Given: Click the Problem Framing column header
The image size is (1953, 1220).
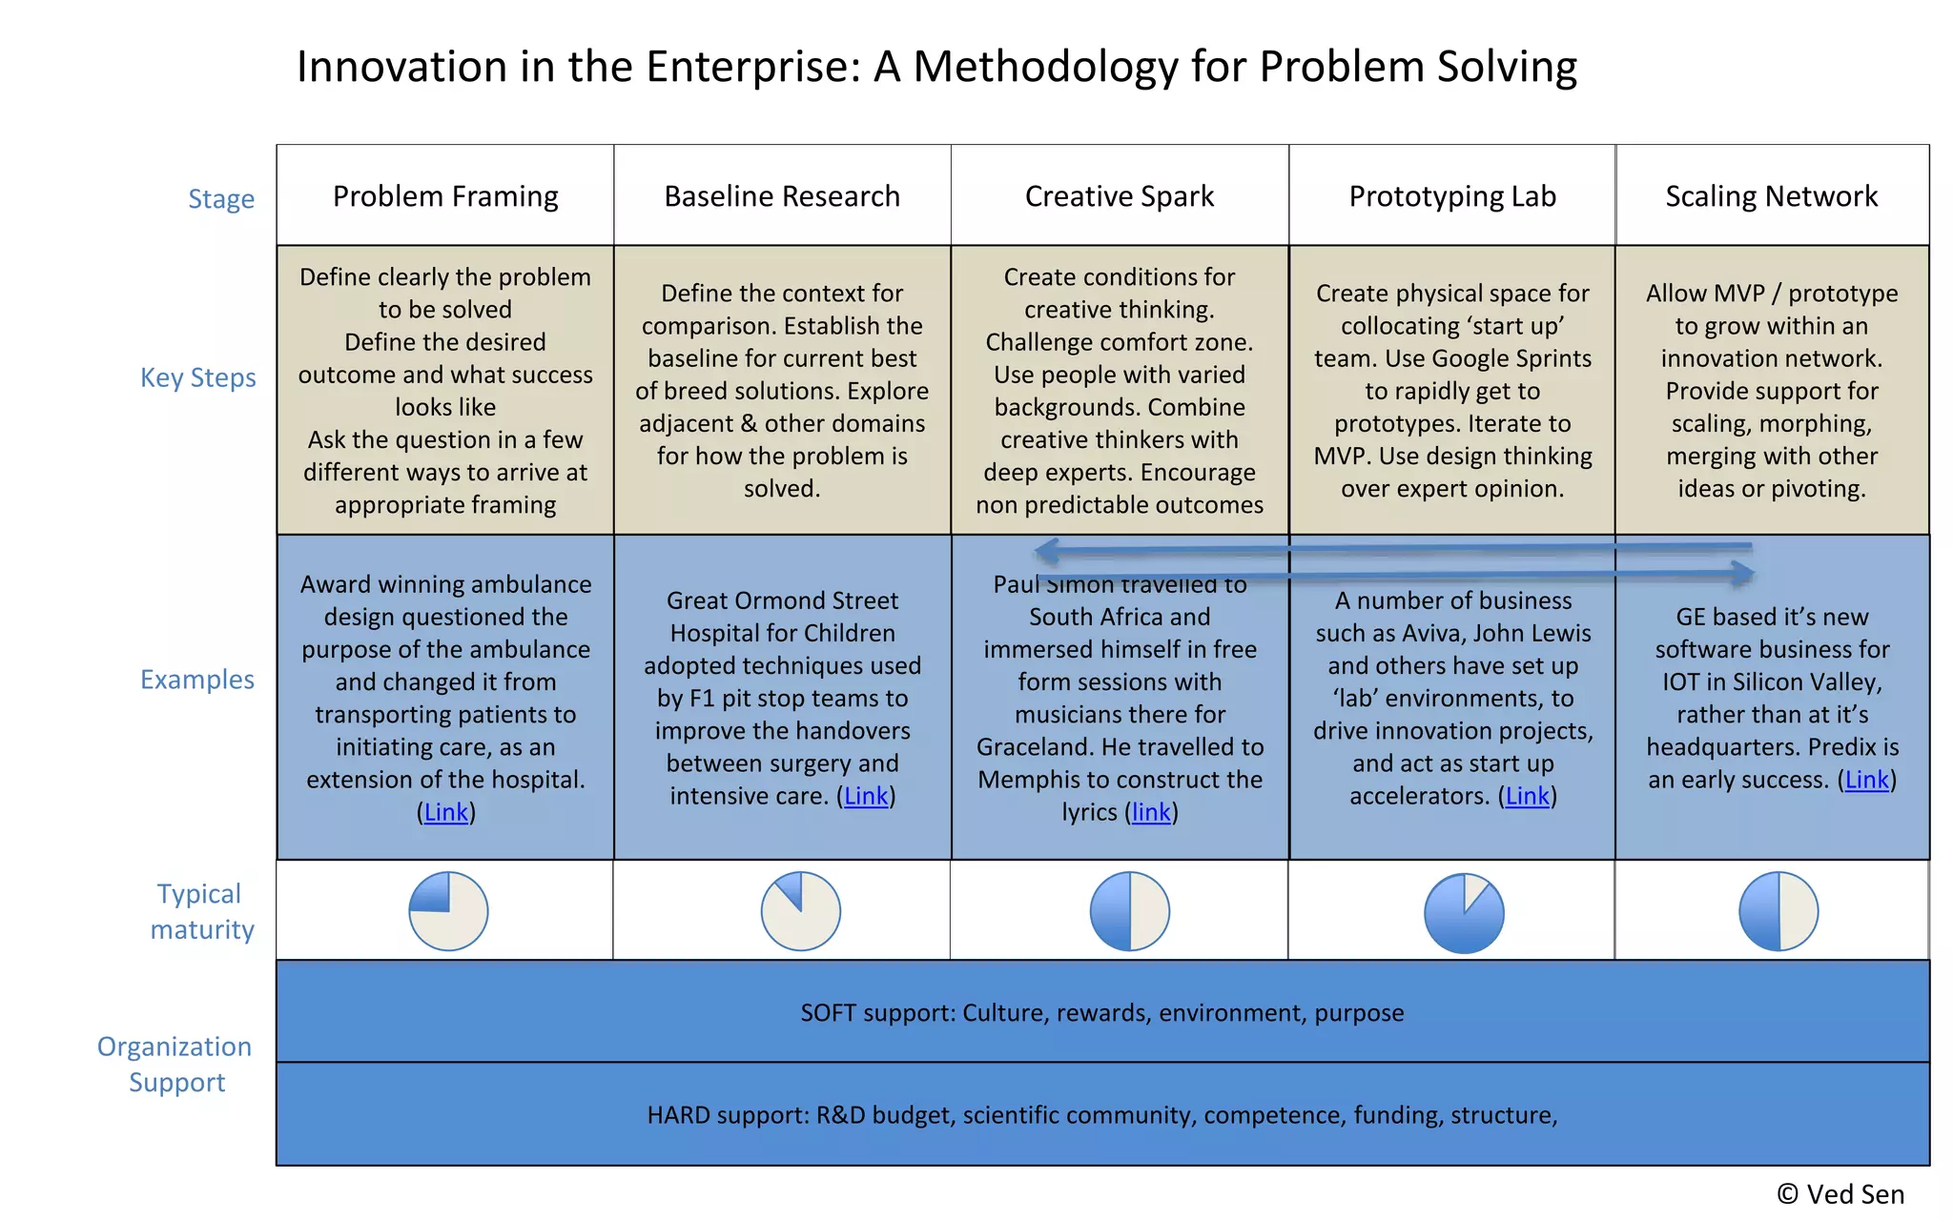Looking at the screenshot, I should coord(445,196).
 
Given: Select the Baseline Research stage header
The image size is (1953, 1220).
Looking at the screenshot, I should coord(782,196).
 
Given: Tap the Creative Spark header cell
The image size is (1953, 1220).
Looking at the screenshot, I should coord(1120,196).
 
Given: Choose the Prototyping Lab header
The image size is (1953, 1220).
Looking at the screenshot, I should coord(1452,196).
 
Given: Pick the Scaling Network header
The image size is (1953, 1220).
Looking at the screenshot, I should coord(1772,196).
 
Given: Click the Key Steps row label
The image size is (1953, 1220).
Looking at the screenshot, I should coord(198,377).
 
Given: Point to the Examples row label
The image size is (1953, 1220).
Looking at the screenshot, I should coord(197,680).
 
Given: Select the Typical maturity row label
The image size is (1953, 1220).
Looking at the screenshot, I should coord(201,911).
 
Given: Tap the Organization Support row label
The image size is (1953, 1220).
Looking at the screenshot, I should coord(175,1064).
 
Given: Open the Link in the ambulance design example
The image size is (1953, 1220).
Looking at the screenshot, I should coord(446,812).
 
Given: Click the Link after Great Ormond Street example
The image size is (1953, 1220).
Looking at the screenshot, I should coord(866,796).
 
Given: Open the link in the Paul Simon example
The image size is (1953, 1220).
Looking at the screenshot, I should coord(1151,812).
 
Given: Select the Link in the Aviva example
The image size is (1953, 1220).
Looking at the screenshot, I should coord(1528,796).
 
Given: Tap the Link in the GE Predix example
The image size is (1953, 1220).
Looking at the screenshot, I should coord(1867,780).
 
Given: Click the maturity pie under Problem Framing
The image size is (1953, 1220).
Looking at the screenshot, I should coord(448,911).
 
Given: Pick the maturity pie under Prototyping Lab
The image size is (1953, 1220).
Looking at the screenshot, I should coord(1464,913).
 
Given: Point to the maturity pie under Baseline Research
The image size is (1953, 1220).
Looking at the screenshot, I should coord(801,911).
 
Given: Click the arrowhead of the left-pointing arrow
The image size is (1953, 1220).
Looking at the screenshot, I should coord(1046,550).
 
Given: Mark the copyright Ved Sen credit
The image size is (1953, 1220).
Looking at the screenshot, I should coord(1840,1194).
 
